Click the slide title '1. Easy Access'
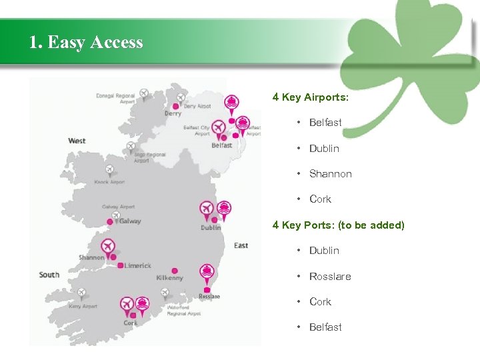tap(86, 43)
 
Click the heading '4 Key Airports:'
tap(310, 97)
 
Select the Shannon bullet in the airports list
tap(330, 174)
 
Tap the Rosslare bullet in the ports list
tap(329, 277)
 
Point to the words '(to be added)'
tap(371, 225)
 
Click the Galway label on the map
tap(130, 221)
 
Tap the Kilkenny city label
tap(169, 277)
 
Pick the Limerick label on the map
tap(137, 265)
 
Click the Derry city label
tap(173, 113)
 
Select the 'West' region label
tap(77, 141)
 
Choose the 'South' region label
tap(49, 275)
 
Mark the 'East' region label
tap(241, 245)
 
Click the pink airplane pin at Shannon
tap(107, 247)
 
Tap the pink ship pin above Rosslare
tap(207, 271)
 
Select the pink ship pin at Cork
tap(142, 305)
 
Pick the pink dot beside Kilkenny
tap(175, 270)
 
